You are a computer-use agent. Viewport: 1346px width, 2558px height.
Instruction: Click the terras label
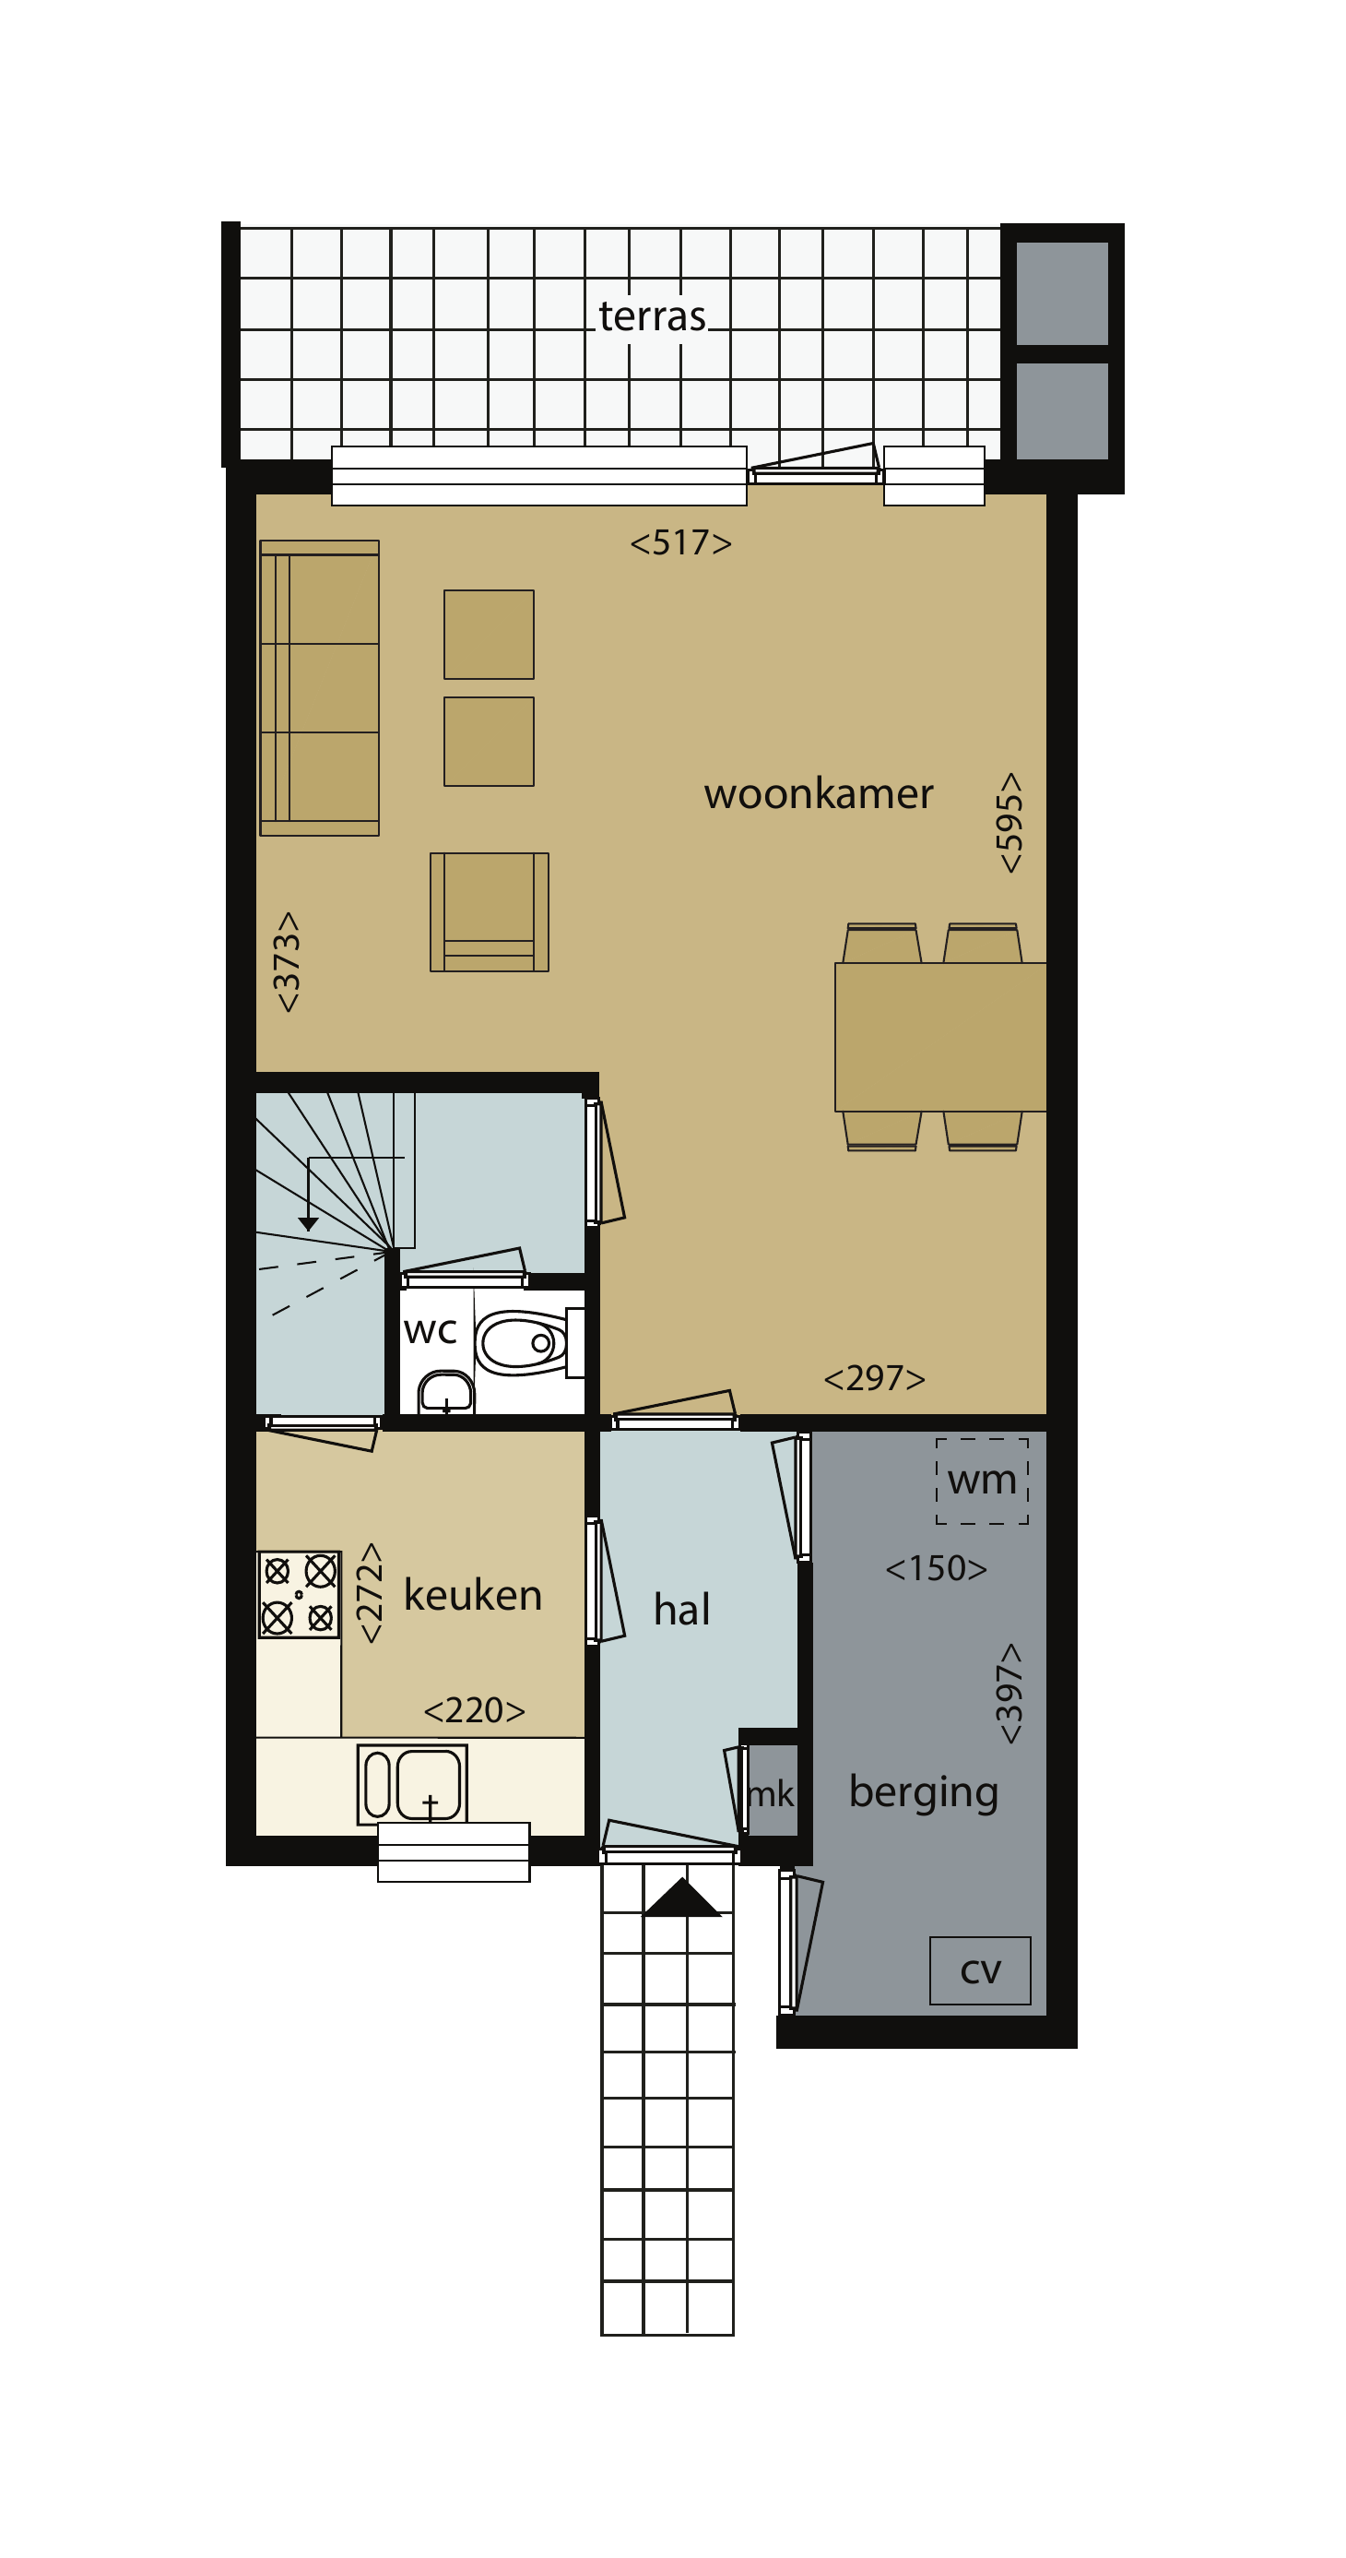coord(652,315)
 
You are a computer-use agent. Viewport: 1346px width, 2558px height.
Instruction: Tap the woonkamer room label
coord(819,793)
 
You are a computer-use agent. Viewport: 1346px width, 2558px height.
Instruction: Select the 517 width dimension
coord(681,542)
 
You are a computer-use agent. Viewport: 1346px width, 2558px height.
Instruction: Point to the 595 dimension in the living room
coord(1009,822)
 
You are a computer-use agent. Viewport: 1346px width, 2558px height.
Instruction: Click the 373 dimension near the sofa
coord(286,961)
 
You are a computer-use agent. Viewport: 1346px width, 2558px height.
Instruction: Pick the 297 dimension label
coord(875,1377)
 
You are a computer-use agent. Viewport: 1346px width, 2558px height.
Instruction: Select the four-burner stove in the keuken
coord(299,1594)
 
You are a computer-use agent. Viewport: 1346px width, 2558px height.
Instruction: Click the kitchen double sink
coord(412,1784)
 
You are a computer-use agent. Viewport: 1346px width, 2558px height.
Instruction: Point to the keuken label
coord(473,1595)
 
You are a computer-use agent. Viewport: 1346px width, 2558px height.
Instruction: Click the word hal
coord(682,1609)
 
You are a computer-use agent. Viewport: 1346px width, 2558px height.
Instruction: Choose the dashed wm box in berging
coord(982,1481)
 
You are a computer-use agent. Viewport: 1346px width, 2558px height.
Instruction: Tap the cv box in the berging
coord(981,1970)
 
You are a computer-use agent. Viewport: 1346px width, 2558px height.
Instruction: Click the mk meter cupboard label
coord(771,1793)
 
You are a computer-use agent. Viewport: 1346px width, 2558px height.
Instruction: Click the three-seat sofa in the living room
coord(320,688)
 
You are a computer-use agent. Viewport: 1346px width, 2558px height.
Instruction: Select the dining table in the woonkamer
coord(940,1037)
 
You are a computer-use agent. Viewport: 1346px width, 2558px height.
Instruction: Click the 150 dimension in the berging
coord(936,1568)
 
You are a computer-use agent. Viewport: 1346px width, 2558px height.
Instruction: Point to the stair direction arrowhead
coord(309,1224)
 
